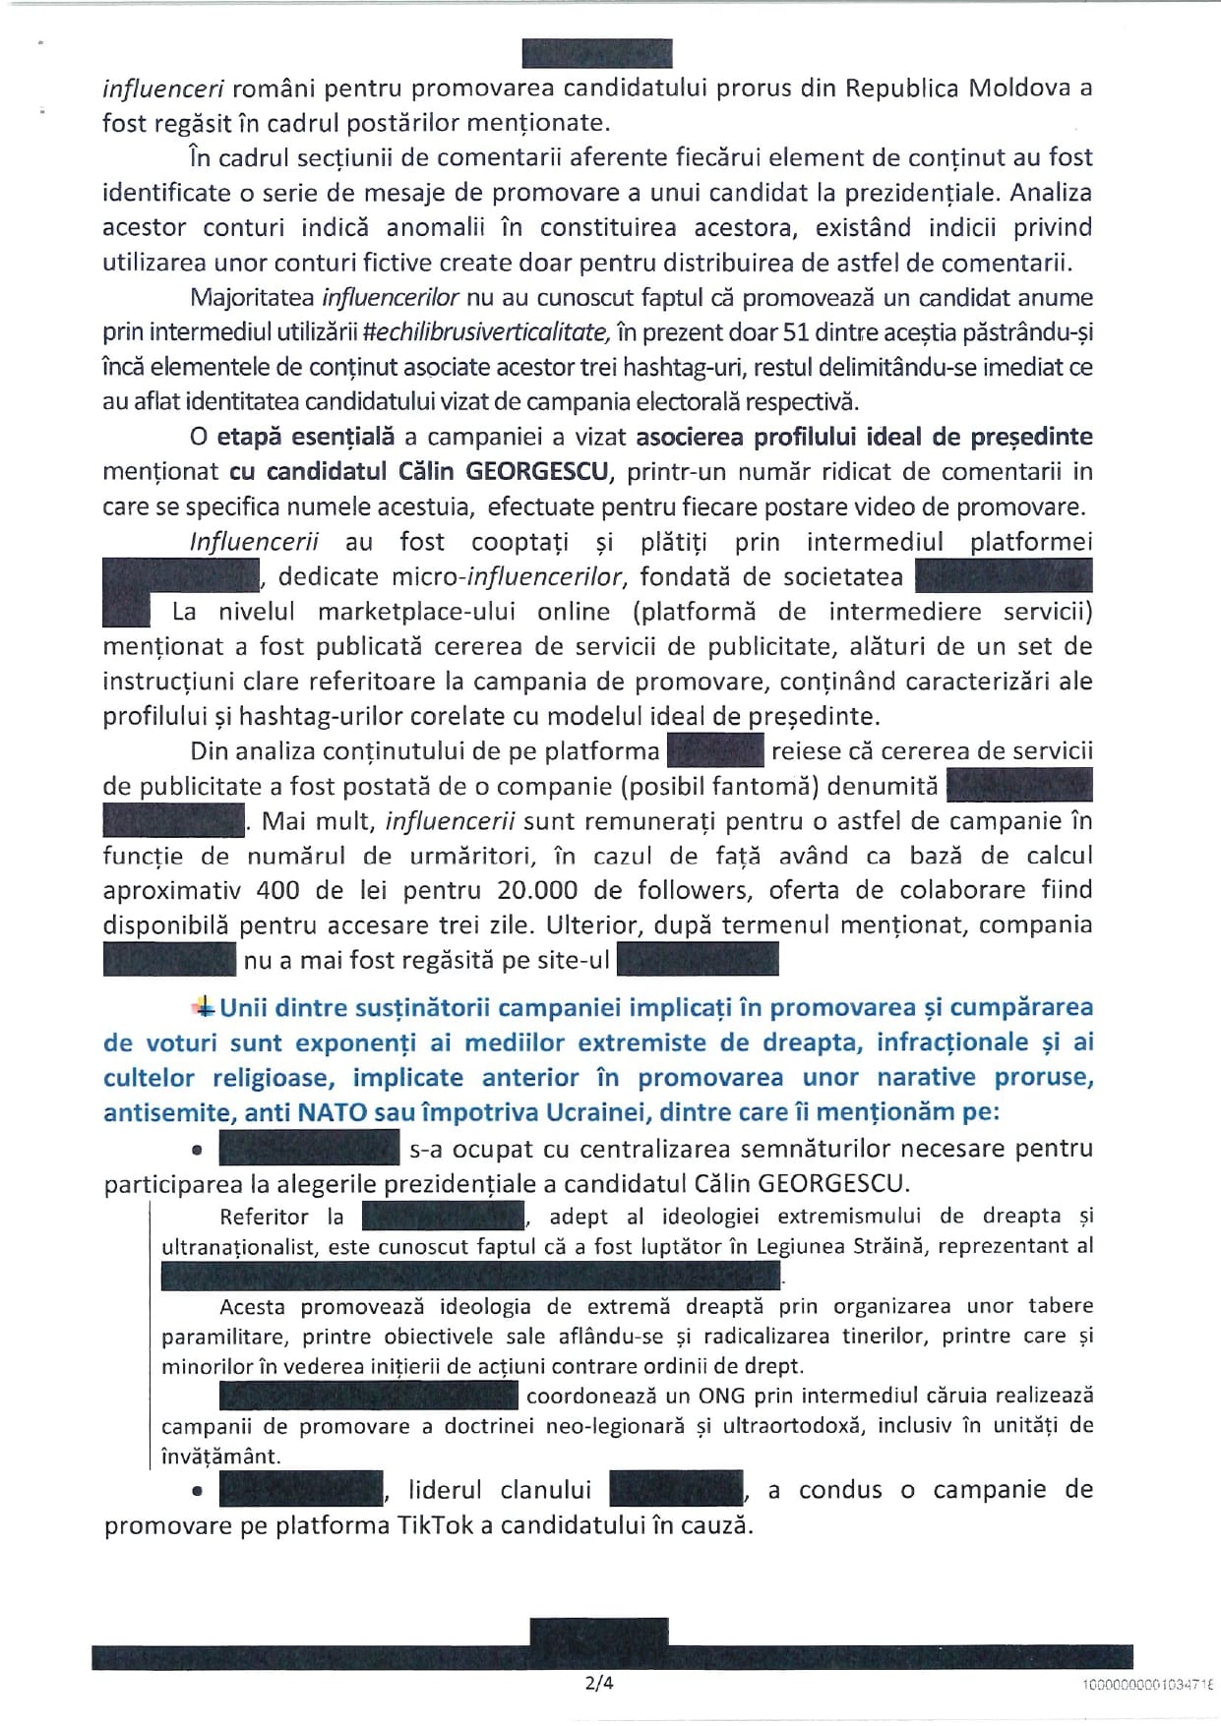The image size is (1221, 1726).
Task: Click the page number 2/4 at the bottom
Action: pyautogui.click(x=598, y=1682)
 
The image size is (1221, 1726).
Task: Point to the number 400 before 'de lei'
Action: pyautogui.click(x=277, y=890)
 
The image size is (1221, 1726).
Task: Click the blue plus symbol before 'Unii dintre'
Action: pyautogui.click(x=205, y=1006)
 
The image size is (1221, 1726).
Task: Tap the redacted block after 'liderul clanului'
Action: pyautogui.click(x=676, y=1490)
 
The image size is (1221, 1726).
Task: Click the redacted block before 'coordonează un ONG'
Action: pyautogui.click(x=368, y=1395)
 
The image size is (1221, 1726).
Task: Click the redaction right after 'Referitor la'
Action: pyautogui.click(x=442, y=1217)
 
